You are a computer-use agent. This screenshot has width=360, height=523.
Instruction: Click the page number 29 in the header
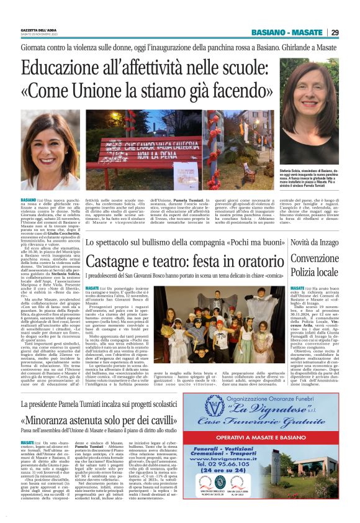(x=335, y=33)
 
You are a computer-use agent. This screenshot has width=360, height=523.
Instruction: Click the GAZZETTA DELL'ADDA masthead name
(x=39, y=30)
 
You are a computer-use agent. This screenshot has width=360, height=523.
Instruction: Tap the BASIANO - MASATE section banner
(x=287, y=33)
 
